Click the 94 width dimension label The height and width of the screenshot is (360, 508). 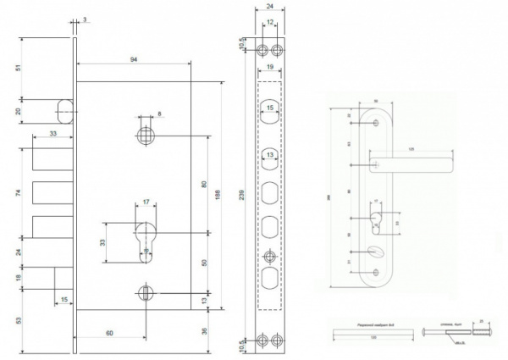pos(135,60)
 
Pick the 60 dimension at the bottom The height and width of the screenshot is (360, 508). pos(110,335)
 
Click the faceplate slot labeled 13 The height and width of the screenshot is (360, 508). pos(268,156)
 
